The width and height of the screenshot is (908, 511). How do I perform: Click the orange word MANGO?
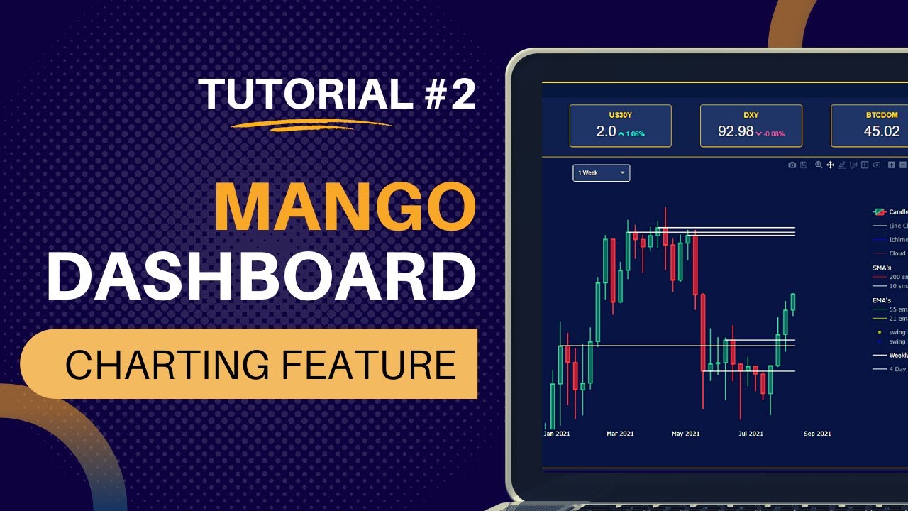345,207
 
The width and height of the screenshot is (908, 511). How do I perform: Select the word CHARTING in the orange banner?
167,365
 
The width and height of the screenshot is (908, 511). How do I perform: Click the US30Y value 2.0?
606,131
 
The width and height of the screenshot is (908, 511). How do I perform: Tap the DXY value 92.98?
735,131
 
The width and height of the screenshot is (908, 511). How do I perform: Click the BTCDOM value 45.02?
882,131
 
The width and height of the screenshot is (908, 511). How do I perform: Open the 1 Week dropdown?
601,172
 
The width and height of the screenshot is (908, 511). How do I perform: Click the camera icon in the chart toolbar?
792,165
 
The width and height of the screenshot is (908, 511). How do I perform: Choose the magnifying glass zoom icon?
819,165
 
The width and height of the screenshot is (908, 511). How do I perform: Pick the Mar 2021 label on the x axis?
621,433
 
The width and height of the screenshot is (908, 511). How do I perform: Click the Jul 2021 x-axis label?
751,433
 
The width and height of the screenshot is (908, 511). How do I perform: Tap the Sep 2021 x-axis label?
818,433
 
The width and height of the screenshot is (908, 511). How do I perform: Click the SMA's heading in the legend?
882,268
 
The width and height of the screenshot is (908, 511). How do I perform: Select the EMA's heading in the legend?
882,300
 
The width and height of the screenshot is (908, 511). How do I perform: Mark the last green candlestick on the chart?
793,302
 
